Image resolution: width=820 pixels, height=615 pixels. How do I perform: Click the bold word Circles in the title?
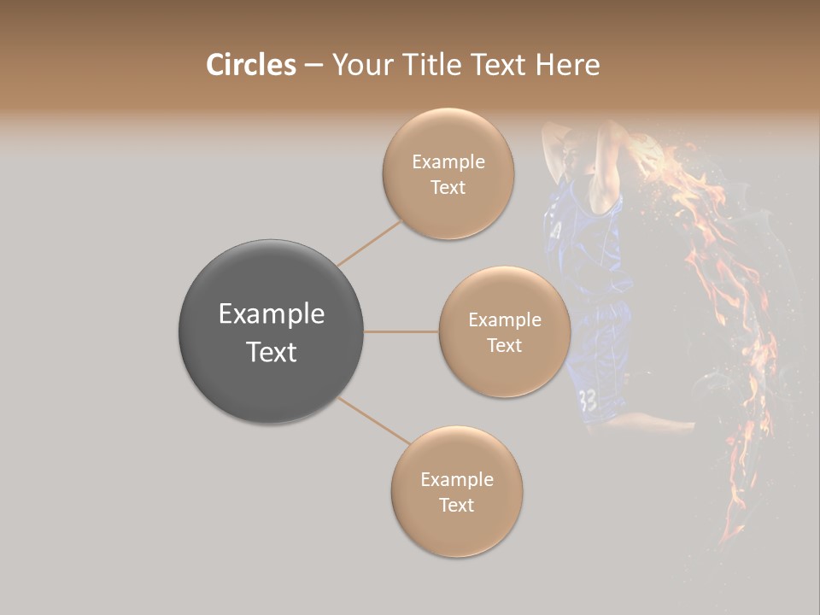coord(251,65)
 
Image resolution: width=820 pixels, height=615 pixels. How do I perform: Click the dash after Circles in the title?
coord(313,66)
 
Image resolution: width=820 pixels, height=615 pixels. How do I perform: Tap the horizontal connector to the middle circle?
coord(401,331)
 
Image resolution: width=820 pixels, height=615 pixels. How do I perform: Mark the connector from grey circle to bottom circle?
coord(374,421)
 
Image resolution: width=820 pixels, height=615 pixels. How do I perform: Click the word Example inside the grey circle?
coord(271,314)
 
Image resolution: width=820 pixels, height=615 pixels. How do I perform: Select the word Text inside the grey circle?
coord(271,352)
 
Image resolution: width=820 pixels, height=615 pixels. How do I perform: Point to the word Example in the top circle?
coord(448,162)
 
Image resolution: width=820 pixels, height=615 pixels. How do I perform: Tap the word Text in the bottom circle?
coord(456,505)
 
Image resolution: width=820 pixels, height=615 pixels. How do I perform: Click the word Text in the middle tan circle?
coord(504,345)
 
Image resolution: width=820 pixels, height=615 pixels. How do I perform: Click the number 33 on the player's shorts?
coord(588,400)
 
